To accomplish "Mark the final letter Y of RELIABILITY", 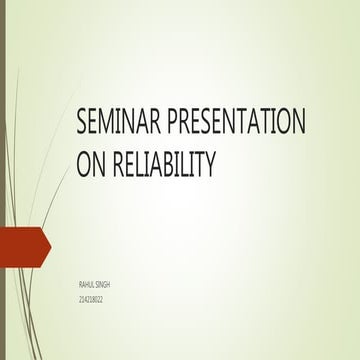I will [x=210, y=161].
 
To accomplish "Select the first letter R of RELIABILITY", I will [x=119, y=161].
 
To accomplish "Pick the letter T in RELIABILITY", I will [x=198, y=161].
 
